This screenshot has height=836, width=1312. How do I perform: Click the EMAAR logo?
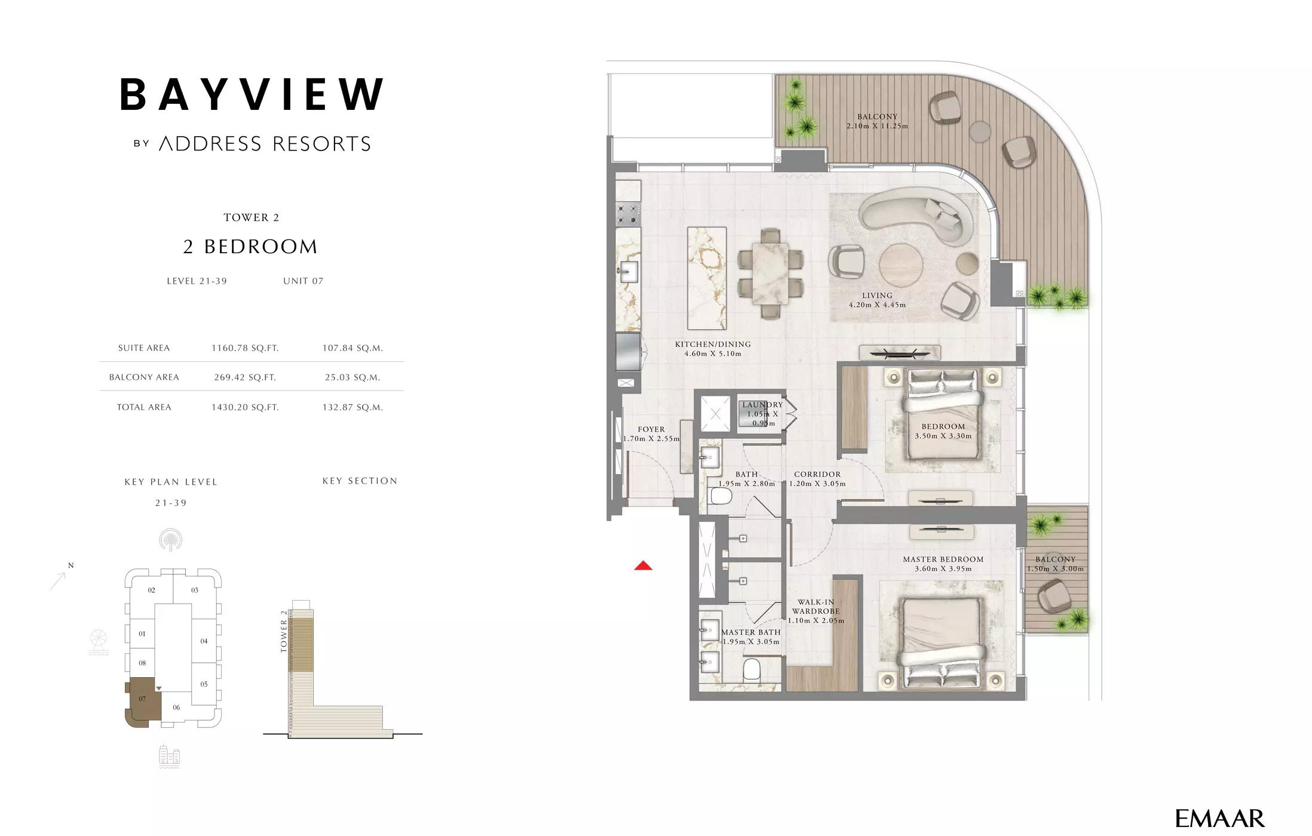click(1219, 818)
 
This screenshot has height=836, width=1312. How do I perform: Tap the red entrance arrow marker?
click(643, 565)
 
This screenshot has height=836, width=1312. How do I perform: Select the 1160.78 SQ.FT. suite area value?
click(245, 348)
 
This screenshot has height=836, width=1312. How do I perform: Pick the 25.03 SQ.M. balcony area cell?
click(352, 377)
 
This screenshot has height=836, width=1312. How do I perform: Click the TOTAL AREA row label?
click(144, 407)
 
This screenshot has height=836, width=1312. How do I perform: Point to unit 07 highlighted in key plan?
click(142, 700)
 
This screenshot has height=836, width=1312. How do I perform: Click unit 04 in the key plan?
click(204, 641)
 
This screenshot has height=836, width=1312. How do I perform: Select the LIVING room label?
click(877, 296)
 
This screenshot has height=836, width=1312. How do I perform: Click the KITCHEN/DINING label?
click(713, 345)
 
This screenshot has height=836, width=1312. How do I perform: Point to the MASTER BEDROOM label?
click(943, 560)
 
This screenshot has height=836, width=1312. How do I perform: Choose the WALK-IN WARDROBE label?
click(816, 607)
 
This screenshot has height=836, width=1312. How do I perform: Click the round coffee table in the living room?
click(900, 265)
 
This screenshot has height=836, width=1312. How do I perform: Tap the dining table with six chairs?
click(770, 273)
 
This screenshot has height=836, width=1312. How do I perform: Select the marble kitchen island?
click(707, 278)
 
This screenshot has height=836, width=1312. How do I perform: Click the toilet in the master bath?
click(752, 671)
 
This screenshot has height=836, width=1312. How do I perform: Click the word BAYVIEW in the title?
click(252, 95)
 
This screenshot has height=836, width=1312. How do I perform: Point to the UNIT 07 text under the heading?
click(303, 281)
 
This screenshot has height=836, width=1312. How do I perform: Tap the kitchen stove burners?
click(628, 214)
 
